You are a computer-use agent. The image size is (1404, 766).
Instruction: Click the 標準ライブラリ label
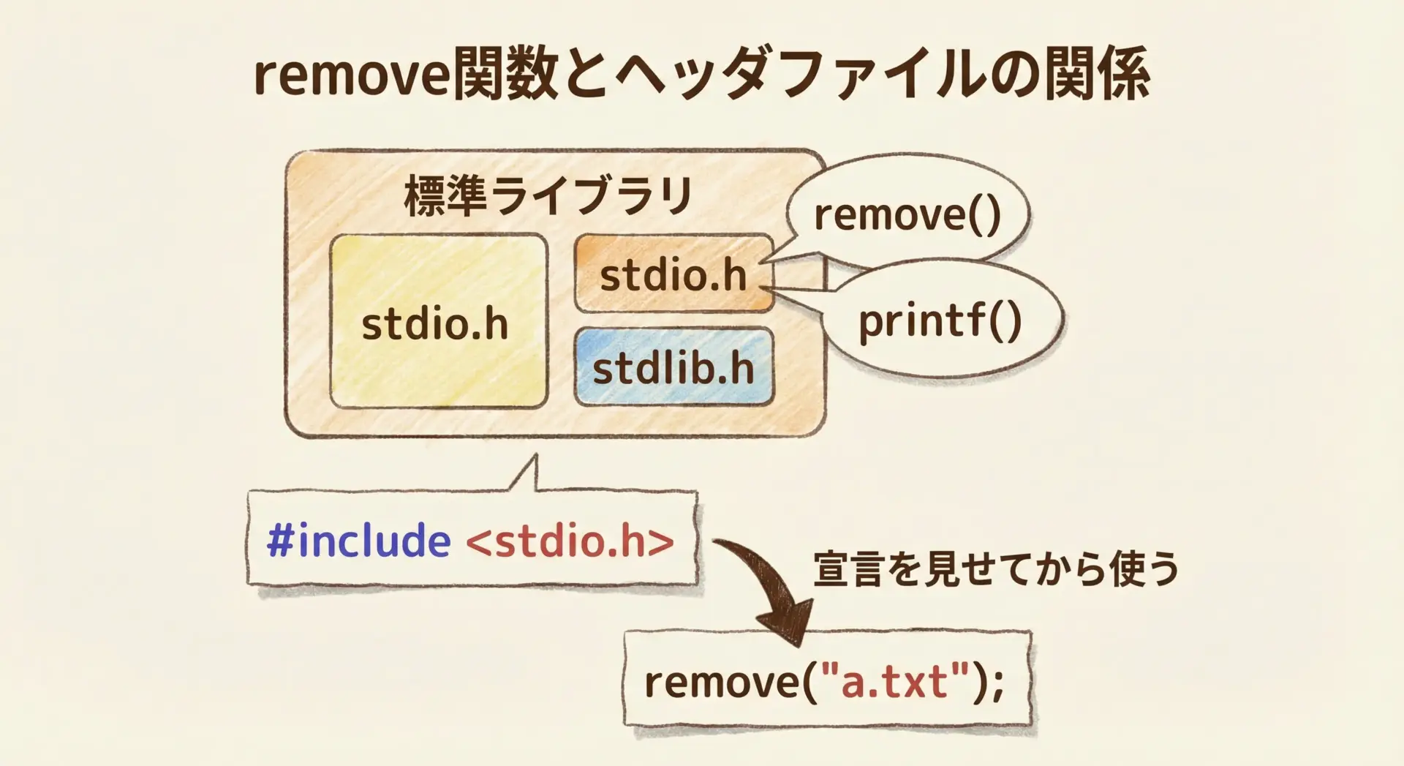548,196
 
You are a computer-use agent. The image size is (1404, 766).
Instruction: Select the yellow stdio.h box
439,320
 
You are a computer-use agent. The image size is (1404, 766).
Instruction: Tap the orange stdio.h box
673,274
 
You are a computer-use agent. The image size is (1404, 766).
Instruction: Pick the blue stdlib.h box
673,367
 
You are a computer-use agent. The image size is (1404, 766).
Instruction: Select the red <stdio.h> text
570,541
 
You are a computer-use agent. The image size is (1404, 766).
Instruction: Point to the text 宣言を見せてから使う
996,569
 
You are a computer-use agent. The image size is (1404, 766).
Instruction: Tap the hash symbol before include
280,541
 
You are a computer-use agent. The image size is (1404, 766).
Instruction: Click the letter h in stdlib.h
741,367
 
